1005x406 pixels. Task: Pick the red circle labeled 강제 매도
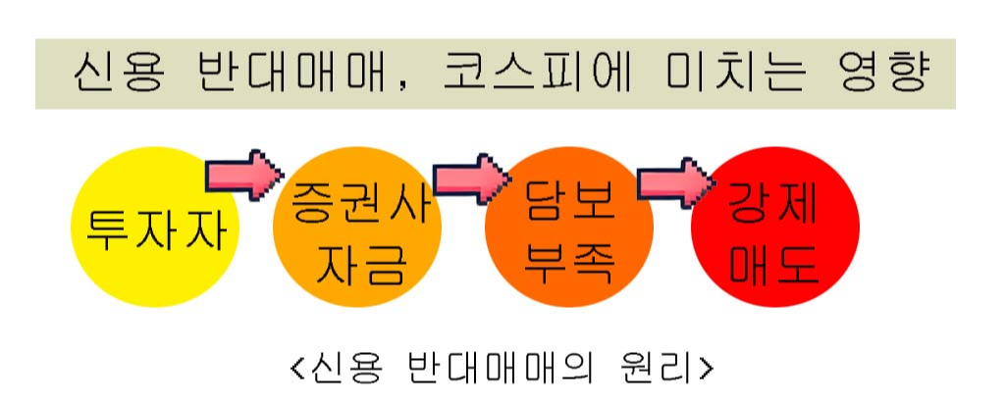[775, 230]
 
